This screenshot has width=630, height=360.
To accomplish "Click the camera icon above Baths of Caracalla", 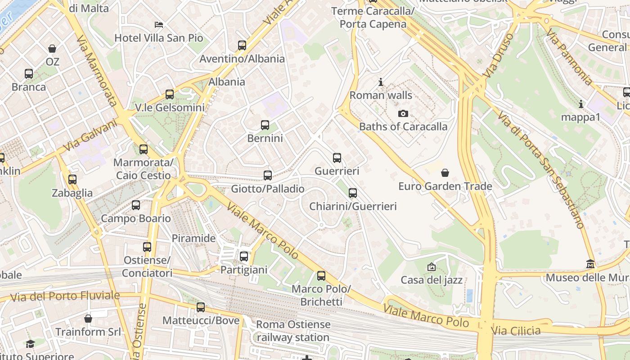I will (x=403, y=113).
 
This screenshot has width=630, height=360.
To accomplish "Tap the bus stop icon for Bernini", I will (x=265, y=125).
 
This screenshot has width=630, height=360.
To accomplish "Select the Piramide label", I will (x=194, y=238).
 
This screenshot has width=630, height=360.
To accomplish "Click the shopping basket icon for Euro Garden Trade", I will (x=445, y=173).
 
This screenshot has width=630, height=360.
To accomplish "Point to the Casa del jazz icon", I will (x=431, y=267).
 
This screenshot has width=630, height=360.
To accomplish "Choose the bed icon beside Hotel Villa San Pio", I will (x=159, y=24).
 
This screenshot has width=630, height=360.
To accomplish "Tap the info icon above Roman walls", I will (x=381, y=82).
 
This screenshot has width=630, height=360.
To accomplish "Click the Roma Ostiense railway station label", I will (x=293, y=331).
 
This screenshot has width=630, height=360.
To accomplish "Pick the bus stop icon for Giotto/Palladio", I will (x=268, y=175).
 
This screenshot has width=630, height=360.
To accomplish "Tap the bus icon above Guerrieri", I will (x=337, y=158).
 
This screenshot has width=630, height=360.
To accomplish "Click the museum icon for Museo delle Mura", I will (x=590, y=264).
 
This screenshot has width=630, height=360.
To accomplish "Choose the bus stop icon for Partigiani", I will (x=244, y=256).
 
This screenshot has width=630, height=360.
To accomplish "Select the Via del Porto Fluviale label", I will (x=65, y=297).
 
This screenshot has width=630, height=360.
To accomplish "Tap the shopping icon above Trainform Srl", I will (x=88, y=319).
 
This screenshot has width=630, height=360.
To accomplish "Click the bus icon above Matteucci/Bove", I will (x=201, y=307).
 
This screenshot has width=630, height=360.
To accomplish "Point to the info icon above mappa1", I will (x=581, y=104).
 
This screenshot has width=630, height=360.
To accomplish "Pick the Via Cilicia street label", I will (x=516, y=331).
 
